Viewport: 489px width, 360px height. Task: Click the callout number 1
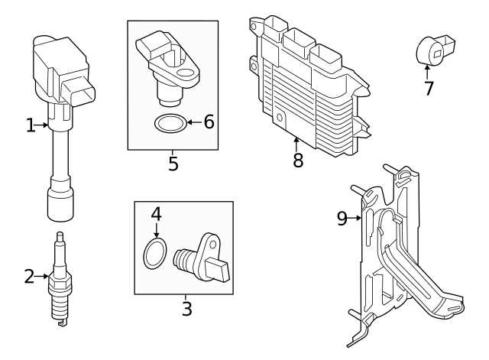31,125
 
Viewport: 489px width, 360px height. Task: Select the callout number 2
30,277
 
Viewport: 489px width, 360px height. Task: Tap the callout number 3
186,309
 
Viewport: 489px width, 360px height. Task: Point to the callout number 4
156,214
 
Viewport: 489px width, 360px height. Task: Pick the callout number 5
173,164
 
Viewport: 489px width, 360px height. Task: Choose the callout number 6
208,122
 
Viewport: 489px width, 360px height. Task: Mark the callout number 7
429,88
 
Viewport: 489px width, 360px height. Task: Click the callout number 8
297,160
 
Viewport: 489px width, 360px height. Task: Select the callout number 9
342,219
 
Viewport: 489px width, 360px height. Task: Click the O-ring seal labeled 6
168,122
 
